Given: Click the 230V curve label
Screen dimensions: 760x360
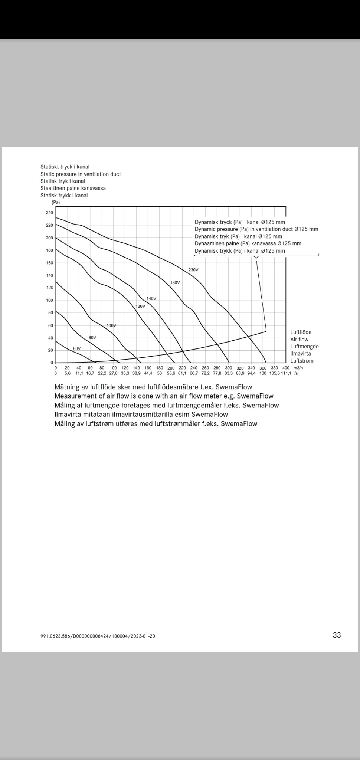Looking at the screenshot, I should pos(193,270).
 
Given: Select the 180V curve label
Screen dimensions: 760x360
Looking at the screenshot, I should pos(175,282).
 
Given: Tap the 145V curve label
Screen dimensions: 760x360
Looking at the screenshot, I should pos(151,299).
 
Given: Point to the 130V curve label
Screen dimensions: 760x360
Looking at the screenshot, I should pos(140,306).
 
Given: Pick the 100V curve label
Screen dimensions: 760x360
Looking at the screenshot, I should pos(111,325).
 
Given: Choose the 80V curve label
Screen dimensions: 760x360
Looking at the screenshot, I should pos(92,337).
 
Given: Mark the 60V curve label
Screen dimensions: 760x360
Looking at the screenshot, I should pos(76,348).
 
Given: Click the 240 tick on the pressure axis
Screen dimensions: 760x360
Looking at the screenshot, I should pos(49,213).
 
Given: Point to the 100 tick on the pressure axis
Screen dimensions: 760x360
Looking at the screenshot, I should pos(49,300).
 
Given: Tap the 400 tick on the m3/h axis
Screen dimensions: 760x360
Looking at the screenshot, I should pos(286,368).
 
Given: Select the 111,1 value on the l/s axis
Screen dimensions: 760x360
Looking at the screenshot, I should pos(286,373).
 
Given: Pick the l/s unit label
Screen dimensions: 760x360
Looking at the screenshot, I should pos(295,373).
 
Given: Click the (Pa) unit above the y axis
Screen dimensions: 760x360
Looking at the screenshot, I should pos(56,202).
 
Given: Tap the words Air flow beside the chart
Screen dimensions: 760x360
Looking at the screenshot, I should pos(299,340).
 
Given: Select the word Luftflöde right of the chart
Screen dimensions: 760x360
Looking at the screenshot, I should pos(301,332).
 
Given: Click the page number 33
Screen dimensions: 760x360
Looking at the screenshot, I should pos(337,635).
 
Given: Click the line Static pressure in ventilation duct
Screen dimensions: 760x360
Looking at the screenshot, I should pos(81,174).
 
